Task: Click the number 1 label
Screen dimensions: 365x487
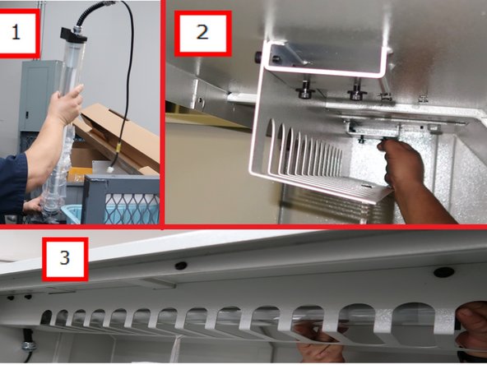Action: point(18,33)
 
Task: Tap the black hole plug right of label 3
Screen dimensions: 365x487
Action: point(180,266)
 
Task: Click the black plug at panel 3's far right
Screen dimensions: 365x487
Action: point(444,271)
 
